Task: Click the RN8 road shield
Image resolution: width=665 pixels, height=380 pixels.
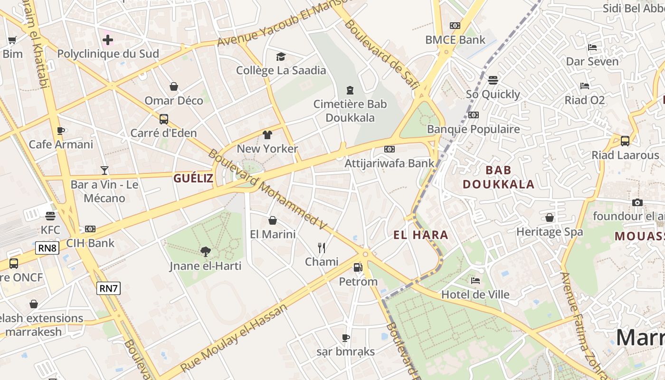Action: tap(47, 247)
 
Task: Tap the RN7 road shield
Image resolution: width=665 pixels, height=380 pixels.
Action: tap(108, 288)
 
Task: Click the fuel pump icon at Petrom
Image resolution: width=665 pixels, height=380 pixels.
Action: tap(358, 267)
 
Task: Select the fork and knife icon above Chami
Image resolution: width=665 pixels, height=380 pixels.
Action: tap(322, 247)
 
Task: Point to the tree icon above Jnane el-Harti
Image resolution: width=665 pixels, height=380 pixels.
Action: tap(206, 251)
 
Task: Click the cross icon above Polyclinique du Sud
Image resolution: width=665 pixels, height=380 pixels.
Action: tap(108, 39)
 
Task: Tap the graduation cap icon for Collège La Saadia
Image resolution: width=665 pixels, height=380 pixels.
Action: tap(281, 57)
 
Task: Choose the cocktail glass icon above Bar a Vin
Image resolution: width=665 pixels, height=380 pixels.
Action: tap(104, 170)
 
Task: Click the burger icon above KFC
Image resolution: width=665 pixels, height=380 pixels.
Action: tap(50, 216)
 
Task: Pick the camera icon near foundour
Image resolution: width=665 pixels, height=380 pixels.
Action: tap(637, 202)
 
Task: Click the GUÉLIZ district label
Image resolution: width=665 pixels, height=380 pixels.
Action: tap(193, 178)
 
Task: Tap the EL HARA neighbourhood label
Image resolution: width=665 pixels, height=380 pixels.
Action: tap(421, 235)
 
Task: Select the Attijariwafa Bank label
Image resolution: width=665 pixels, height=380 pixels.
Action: tap(389, 163)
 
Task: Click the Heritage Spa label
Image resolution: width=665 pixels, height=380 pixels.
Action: tap(550, 232)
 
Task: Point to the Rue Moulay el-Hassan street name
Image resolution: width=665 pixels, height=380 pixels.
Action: tap(235, 338)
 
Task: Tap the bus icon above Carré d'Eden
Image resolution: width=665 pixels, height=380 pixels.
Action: tap(164, 119)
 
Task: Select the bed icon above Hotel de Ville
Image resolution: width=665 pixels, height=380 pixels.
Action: tap(475, 281)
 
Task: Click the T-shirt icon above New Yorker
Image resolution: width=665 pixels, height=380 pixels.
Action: tap(267, 135)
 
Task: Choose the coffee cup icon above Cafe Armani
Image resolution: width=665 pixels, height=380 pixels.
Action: tap(61, 131)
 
